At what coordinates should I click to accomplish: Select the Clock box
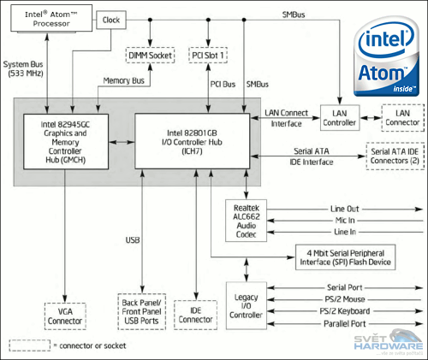click(x=111, y=19)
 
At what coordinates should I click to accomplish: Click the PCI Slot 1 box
click(x=211, y=56)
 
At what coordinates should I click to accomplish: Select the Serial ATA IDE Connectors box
click(x=395, y=156)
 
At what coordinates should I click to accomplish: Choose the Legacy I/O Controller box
click(x=247, y=306)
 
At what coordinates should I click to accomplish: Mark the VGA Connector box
click(x=65, y=316)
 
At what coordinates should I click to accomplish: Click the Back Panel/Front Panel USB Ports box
click(x=140, y=311)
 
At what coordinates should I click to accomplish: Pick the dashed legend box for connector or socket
click(x=28, y=345)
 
